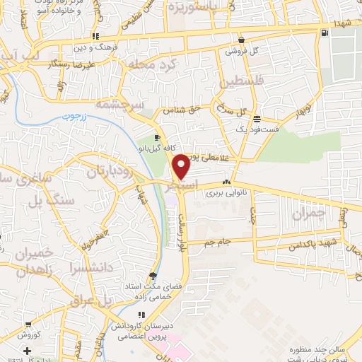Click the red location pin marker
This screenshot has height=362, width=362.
point(181,168)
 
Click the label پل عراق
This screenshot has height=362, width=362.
point(92,300)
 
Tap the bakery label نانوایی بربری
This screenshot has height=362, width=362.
point(224,192)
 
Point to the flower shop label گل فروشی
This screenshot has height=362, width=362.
point(241,51)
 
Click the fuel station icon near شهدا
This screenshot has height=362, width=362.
point(324,33)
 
